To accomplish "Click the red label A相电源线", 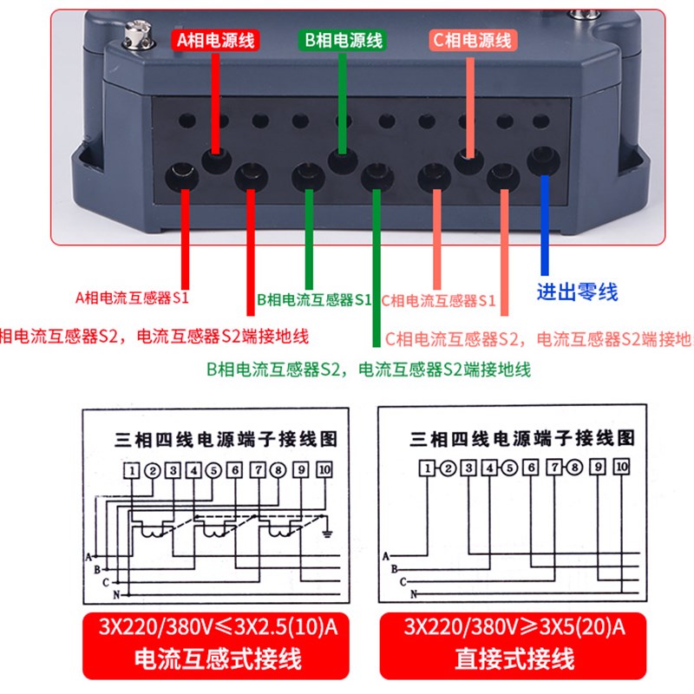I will coord(216,39).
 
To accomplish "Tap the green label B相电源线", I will coord(342,40).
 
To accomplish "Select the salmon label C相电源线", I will coord(472,39).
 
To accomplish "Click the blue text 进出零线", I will coord(577,291).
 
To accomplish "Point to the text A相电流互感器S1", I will coord(132,298).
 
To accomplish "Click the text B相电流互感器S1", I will coord(314,300).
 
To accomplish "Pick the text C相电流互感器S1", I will coord(438,301).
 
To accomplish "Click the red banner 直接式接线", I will coord(514,658).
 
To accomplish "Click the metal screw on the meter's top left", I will coord(132,35).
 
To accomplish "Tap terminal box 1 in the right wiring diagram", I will coord(426,469).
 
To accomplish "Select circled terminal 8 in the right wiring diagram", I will coord(574,469).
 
